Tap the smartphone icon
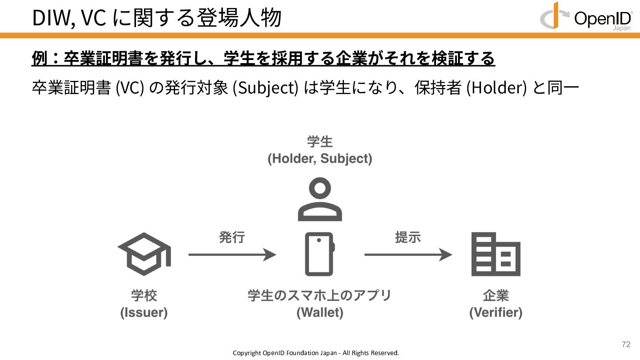[320, 254]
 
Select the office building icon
[496, 254]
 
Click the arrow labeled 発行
[232, 255]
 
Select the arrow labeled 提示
[408, 255]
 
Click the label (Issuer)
[144, 312]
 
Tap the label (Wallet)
[320, 312]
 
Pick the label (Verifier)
[496, 312]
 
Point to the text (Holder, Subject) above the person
[320, 159]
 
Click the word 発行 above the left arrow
[232, 237]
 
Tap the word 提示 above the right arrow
[408, 237]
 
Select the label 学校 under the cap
[144, 296]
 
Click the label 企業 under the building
[496, 296]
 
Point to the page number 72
[626, 344]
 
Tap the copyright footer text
[316, 353]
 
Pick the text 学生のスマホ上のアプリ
[320, 296]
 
